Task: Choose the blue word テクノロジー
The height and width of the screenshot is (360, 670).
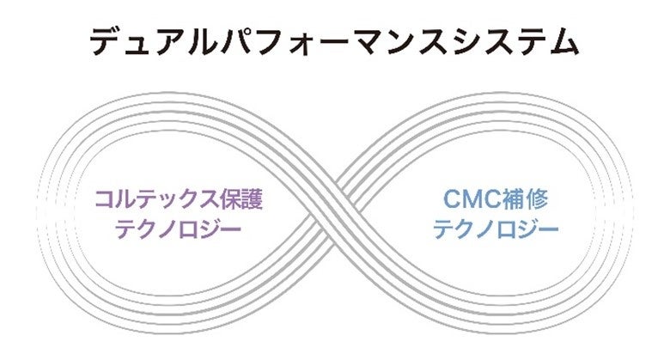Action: (496, 229)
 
